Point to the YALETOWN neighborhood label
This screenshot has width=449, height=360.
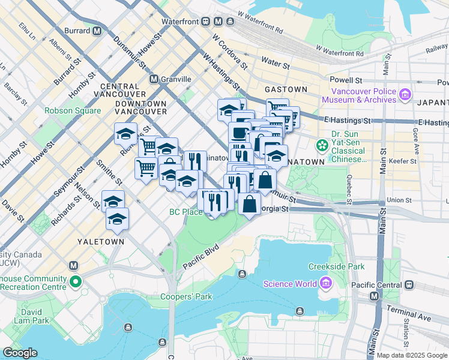[100, 241]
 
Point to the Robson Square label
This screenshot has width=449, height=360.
[73, 111]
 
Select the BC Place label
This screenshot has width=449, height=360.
[185, 212]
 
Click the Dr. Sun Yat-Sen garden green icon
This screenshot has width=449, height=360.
[322, 145]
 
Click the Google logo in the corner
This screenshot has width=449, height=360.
[20, 353]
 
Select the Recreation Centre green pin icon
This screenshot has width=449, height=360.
[74, 281]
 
